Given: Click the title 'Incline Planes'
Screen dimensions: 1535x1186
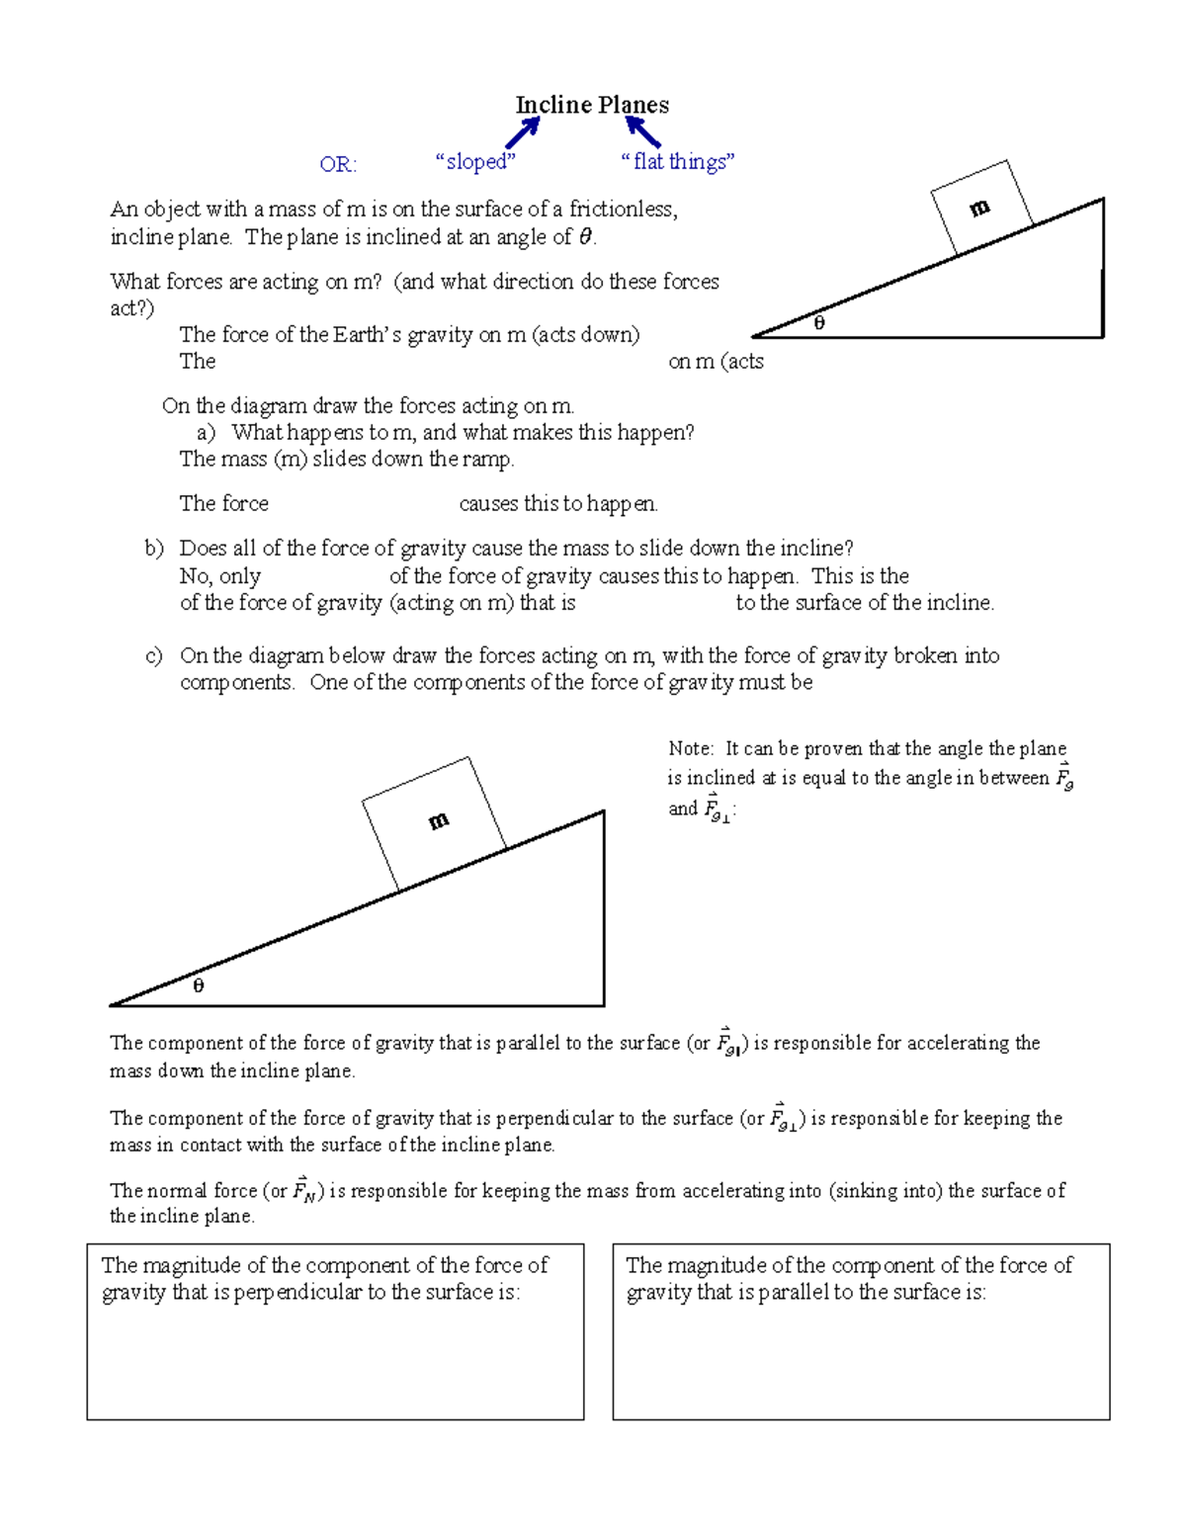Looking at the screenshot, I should coord(592,105).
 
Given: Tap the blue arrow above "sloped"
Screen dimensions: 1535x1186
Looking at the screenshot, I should coord(523,132).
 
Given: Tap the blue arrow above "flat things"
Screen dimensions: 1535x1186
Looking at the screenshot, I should coord(642,131).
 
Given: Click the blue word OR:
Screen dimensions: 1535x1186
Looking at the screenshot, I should coord(338,164).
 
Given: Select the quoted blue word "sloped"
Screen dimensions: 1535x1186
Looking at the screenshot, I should coord(475,161).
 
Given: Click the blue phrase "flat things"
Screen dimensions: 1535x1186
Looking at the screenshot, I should coord(678,161).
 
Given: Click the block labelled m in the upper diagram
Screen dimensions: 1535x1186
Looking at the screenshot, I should coord(981,208).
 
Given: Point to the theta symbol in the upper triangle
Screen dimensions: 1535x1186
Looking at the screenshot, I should coord(818,323).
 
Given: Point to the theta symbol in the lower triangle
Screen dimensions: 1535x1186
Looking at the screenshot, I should coord(198,985).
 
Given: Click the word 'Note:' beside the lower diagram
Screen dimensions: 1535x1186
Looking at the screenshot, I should coord(691,749).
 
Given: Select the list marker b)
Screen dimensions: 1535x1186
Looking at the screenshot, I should coord(154,549).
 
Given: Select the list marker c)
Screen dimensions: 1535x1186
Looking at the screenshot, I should coord(154,656).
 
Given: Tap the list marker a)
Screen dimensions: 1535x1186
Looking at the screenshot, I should coord(206,433).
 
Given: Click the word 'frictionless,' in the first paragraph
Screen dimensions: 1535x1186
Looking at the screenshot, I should coord(623,209).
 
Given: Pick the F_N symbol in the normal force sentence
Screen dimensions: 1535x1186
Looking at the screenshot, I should coord(304,1190).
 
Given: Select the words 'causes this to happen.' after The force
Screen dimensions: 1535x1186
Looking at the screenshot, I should coord(558,504).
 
